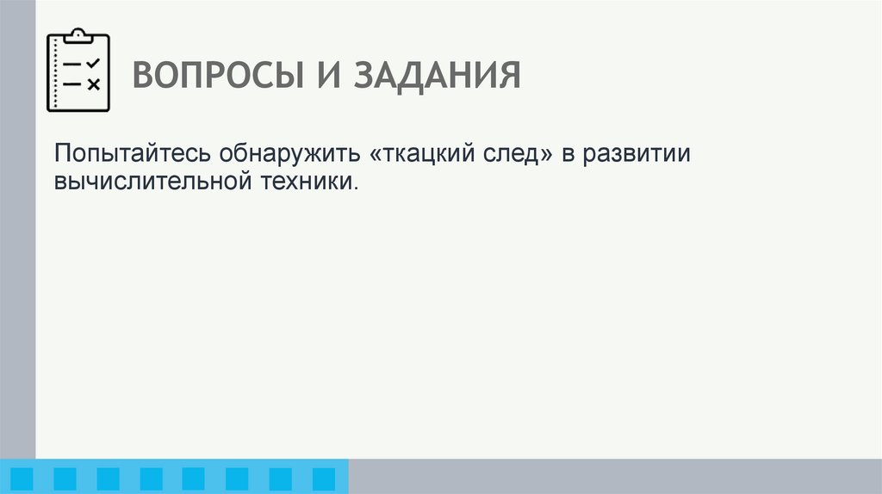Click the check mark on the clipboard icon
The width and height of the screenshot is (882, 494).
[x=94, y=64]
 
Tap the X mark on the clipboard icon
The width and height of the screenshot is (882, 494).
[x=94, y=84]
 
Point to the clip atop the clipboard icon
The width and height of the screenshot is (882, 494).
[x=78, y=34]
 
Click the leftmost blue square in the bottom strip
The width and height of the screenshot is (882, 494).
[x=22, y=479]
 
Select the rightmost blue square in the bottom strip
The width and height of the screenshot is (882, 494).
[x=323, y=479]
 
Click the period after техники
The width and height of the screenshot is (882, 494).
[x=354, y=188]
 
